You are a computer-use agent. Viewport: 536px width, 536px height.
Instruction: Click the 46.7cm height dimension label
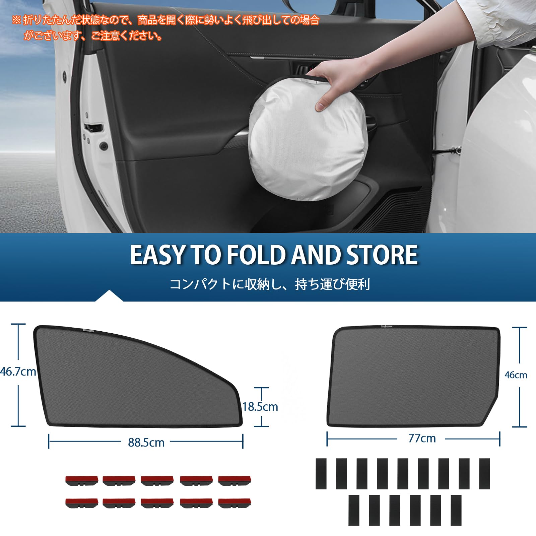[x=18, y=372]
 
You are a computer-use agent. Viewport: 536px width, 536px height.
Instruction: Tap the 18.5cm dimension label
[x=260, y=407]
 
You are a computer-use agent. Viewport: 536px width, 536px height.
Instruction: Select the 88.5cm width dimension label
[x=146, y=443]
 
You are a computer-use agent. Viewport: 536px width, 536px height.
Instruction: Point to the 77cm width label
[x=422, y=438]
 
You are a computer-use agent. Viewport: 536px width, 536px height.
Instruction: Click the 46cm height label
[x=516, y=375]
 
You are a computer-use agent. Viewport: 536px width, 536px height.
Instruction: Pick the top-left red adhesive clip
[x=81, y=480]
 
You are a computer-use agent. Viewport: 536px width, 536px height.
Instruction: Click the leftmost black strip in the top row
[x=321, y=473]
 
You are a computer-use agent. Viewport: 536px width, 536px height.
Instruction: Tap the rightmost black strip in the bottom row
[x=456, y=510]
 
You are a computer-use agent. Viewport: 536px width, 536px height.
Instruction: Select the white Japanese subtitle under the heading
[x=270, y=284]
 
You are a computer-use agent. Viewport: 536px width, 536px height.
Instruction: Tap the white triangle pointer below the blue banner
[x=109, y=296]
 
